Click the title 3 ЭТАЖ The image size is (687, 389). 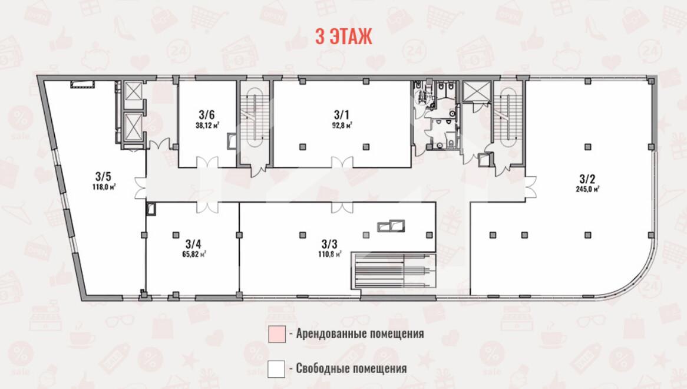pos(344,37)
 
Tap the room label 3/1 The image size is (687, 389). pos(342,115)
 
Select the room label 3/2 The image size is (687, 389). pos(587,179)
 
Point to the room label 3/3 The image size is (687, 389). pos(329,243)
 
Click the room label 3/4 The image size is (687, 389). pos(193,243)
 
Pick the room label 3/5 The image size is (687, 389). pos(103,177)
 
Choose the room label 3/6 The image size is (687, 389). pos(207,115)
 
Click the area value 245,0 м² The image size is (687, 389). pos(587,189)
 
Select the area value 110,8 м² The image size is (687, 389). pos(330,254)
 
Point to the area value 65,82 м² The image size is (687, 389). pos(194,254)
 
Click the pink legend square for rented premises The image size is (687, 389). pos(276,334)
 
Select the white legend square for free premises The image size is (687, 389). pos(276,369)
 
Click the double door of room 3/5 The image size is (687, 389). pos(140,188)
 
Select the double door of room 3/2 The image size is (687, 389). pos(530,187)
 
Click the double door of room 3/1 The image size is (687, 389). pos(342,163)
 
